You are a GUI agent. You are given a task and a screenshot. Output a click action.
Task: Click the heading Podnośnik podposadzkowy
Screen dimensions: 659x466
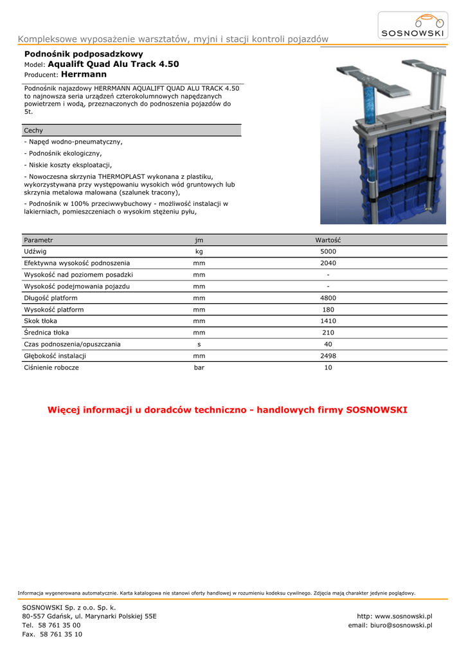point(84,54)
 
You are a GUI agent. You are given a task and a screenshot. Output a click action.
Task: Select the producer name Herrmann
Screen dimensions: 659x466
point(84,75)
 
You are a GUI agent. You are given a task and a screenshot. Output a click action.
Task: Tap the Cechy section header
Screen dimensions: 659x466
point(33,131)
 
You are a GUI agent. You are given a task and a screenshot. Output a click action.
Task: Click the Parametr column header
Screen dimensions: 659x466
point(39,240)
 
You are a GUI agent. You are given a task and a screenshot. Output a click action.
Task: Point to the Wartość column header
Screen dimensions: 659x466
point(328,240)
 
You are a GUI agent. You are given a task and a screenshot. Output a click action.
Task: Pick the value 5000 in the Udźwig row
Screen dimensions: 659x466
point(328,252)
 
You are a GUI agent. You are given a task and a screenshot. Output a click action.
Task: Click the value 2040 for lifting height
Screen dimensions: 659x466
point(328,263)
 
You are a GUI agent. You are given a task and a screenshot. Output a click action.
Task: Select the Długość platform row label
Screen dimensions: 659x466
point(51,298)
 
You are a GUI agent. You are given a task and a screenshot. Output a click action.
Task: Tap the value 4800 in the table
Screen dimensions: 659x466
point(328,298)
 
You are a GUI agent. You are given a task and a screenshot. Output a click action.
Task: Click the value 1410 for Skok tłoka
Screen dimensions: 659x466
point(328,321)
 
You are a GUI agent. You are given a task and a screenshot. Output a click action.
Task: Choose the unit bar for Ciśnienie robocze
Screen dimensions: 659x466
point(199,367)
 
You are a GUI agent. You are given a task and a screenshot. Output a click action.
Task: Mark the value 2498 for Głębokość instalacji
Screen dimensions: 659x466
point(328,356)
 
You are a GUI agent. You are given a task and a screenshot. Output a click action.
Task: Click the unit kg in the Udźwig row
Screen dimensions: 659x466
point(199,252)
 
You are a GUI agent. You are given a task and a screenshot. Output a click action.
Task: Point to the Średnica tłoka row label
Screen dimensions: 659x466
point(46,333)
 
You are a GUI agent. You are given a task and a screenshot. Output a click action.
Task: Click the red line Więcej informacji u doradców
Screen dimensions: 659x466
point(228,410)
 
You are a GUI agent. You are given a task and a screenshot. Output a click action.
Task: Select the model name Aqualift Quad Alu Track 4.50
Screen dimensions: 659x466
point(113,64)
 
